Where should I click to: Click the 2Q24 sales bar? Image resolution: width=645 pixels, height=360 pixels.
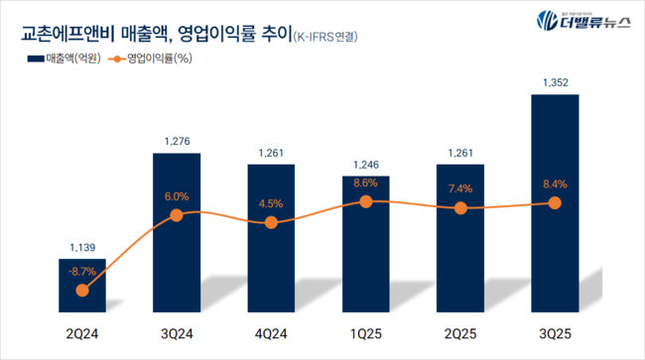(x=82, y=288)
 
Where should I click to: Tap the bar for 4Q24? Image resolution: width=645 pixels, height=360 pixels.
(x=271, y=238)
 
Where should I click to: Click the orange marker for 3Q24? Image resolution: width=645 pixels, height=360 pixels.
(x=177, y=214)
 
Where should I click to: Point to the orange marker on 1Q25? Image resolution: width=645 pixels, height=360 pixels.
(x=365, y=201)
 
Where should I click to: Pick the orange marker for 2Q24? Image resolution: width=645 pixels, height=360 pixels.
(x=82, y=290)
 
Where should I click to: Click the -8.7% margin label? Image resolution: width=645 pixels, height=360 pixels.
(x=82, y=270)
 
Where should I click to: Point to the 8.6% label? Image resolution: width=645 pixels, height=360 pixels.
(x=365, y=183)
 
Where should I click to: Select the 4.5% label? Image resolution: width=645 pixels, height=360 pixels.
(x=271, y=204)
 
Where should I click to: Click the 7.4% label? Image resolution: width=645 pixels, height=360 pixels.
(x=459, y=188)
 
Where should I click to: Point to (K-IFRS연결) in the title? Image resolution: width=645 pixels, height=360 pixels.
(x=325, y=37)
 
